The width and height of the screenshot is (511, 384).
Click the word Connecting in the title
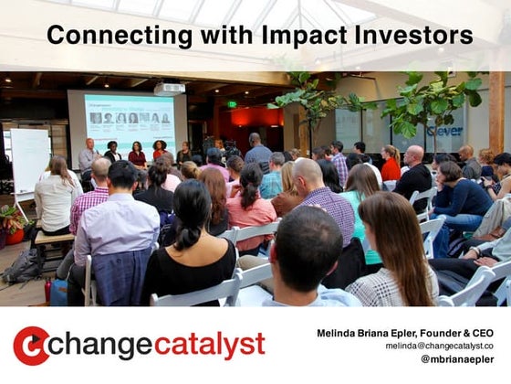tap(107, 36)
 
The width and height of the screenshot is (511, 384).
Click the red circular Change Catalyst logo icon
tap(31, 346)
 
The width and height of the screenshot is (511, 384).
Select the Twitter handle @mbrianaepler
tap(456, 360)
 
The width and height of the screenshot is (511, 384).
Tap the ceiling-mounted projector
tap(169, 89)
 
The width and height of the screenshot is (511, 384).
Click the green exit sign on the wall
tap(233, 104)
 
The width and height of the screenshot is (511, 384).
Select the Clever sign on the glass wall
tap(444, 131)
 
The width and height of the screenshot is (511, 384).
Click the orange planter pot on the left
tap(14, 236)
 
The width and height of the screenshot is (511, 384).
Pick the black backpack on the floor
tap(25, 264)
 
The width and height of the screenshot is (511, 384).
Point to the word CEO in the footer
tap(481, 334)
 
